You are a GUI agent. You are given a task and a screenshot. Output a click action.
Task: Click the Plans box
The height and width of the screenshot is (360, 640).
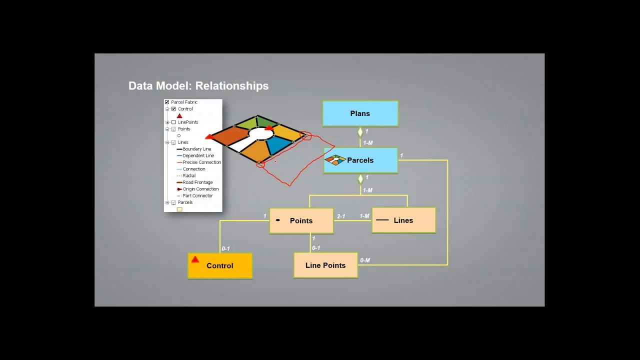[x=360, y=113]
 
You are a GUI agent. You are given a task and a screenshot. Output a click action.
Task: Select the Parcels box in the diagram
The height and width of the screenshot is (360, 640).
[x=360, y=160]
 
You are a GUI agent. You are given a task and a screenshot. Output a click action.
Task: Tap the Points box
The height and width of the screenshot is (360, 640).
[x=301, y=220]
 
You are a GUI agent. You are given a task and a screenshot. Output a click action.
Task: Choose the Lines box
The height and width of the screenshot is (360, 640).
[x=403, y=220]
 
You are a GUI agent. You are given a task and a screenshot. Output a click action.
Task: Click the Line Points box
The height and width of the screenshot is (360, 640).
[x=325, y=265]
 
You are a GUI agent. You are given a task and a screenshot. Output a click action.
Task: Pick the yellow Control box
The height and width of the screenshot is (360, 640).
[x=220, y=266]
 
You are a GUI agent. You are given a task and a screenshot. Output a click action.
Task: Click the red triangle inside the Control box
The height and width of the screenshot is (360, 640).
[x=195, y=259]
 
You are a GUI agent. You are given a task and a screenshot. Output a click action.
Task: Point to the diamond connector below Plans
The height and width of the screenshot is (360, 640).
[x=360, y=132]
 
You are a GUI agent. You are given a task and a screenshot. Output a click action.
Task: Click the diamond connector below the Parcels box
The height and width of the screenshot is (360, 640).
[x=360, y=179]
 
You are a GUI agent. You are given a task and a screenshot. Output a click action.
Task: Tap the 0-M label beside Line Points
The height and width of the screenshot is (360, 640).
[x=365, y=260]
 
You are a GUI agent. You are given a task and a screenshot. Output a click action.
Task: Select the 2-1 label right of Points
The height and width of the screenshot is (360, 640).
[x=341, y=216]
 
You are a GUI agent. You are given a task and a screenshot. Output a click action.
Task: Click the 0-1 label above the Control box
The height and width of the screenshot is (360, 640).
[x=225, y=248]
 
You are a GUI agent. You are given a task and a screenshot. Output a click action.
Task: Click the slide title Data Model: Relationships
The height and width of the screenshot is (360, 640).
[x=198, y=86]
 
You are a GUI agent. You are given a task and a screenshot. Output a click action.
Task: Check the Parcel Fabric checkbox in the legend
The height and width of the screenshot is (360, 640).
[x=167, y=102]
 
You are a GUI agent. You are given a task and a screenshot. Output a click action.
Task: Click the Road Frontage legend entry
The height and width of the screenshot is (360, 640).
[x=197, y=182]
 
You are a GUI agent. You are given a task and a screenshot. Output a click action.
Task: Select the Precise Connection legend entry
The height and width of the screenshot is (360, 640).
[x=201, y=162]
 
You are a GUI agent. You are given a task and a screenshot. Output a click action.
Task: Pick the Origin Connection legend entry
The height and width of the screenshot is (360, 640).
[x=200, y=189]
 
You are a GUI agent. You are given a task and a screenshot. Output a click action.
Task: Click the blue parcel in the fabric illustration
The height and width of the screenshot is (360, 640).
[x=278, y=145]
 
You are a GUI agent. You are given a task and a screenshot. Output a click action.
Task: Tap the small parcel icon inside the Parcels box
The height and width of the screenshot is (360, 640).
[x=335, y=160]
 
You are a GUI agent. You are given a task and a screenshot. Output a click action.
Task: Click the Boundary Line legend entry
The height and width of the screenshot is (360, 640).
[x=196, y=149]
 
